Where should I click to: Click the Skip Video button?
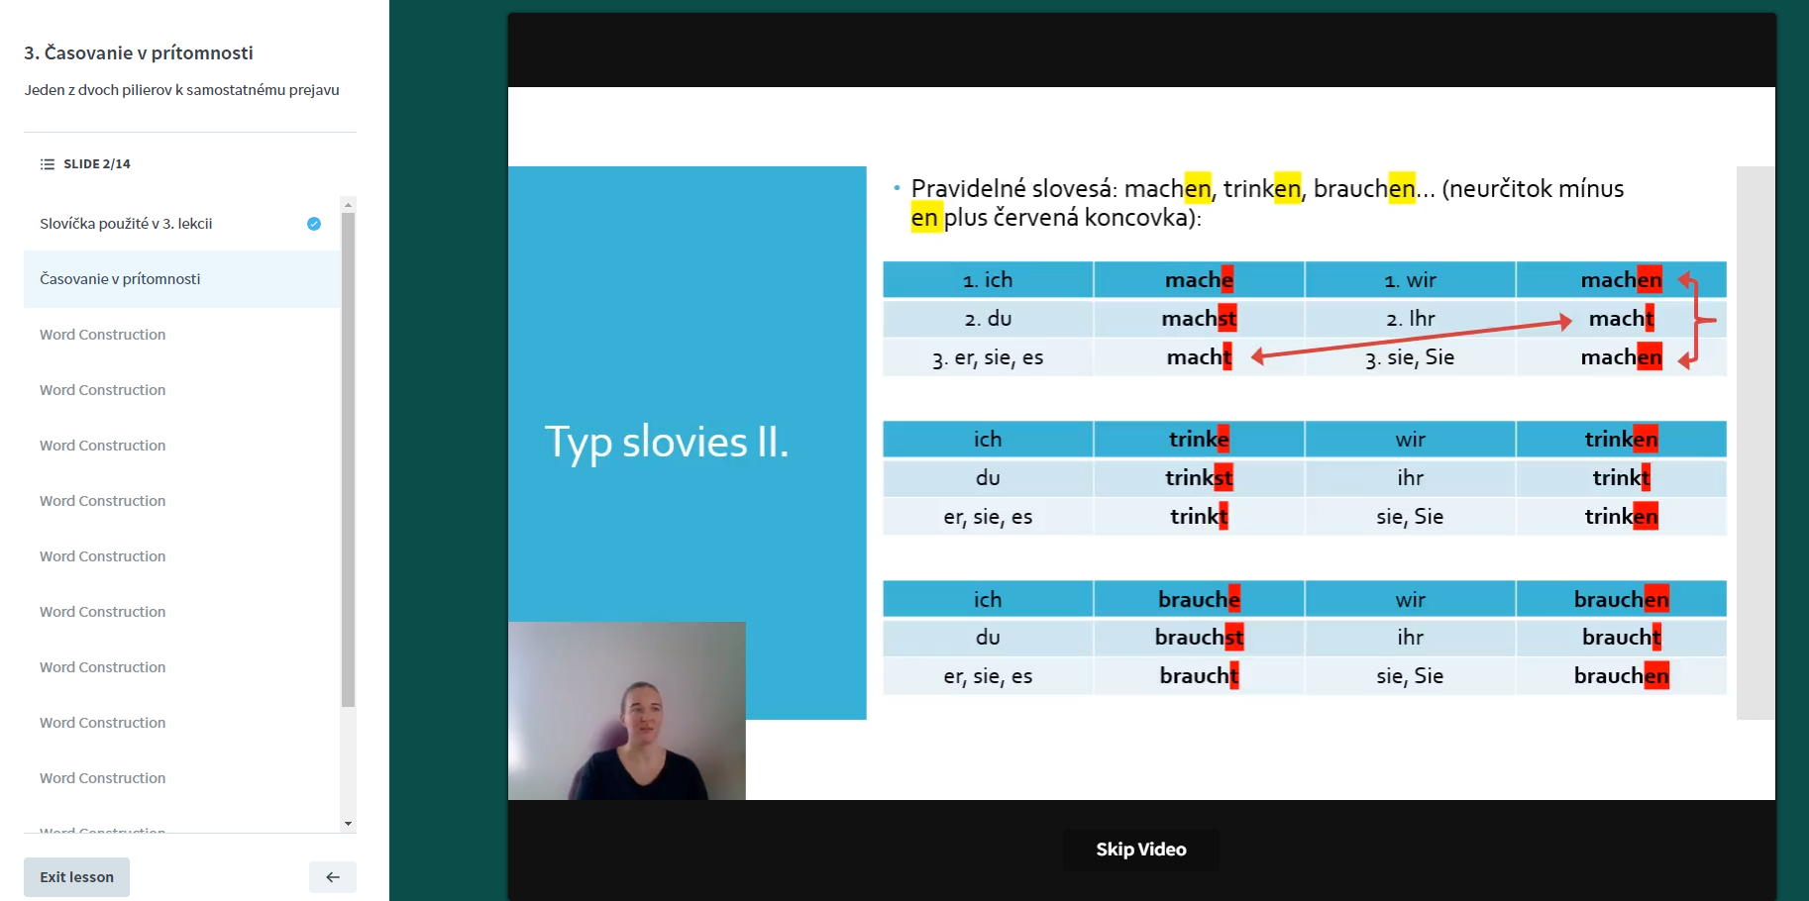click(x=1141, y=850)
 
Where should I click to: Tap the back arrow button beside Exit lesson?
click(x=333, y=877)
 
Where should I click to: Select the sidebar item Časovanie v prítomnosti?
click(x=181, y=279)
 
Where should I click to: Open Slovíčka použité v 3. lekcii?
click(x=126, y=224)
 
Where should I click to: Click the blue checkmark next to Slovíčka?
click(x=314, y=224)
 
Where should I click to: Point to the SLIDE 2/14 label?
click(x=97, y=164)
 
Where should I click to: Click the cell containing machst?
click(x=1199, y=319)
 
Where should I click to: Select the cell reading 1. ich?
click(x=988, y=280)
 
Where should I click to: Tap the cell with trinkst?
click(x=1199, y=478)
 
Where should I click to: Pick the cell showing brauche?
click(x=1199, y=599)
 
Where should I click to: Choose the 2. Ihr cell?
click(x=1410, y=319)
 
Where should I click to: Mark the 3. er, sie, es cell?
click(x=988, y=357)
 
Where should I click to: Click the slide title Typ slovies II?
click(x=667, y=442)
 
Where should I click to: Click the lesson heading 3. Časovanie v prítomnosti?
click(x=139, y=53)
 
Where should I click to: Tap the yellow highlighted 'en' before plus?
click(x=924, y=218)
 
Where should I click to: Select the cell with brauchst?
click(x=1199, y=638)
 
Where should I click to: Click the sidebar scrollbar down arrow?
click(x=348, y=824)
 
